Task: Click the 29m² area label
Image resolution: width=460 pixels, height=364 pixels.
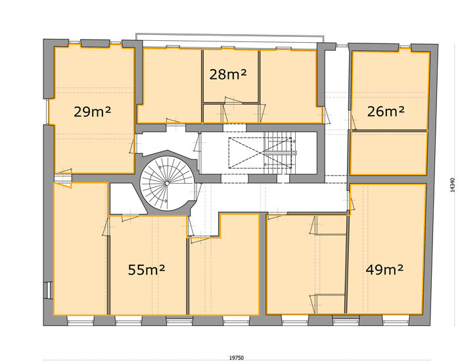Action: [x=92, y=112]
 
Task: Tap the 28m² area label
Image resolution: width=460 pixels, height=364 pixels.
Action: [x=227, y=74]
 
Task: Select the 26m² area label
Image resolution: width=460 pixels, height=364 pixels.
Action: [x=386, y=111]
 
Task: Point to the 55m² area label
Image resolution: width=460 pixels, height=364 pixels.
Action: [x=147, y=270]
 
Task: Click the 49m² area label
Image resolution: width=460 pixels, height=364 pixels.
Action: [x=384, y=269]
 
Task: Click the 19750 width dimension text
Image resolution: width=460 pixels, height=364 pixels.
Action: [x=237, y=358]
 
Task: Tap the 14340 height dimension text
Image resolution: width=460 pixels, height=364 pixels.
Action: [x=452, y=185]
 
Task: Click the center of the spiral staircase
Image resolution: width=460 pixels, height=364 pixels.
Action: [x=167, y=184]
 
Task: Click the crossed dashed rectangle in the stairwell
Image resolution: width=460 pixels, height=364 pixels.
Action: [x=260, y=153]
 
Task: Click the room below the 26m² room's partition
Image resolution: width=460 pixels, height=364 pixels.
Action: [x=388, y=153]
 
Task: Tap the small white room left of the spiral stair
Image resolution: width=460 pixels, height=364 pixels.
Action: [x=126, y=199]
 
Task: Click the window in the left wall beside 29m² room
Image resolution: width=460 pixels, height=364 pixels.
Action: [x=47, y=112]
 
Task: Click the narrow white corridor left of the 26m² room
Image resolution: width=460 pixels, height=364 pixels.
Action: [x=337, y=112]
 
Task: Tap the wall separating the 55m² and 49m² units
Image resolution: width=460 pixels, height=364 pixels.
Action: [x=263, y=264]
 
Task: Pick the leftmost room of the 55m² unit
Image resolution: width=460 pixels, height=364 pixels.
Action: [x=80, y=249]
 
